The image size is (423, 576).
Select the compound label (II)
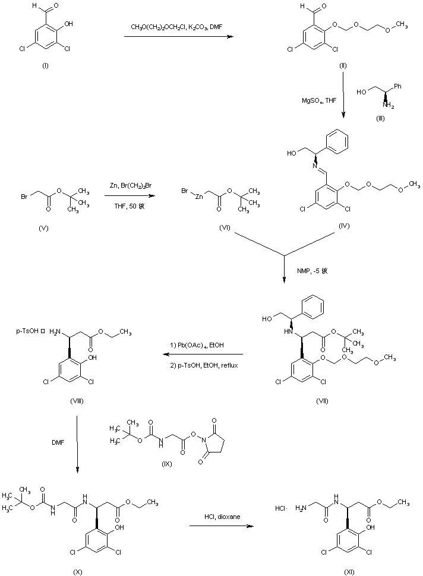click(343, 64)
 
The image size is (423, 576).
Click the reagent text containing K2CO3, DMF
click(176, 27)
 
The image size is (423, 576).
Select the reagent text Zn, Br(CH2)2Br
click(129, 186)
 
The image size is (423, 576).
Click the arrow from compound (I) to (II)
click(177, 37)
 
